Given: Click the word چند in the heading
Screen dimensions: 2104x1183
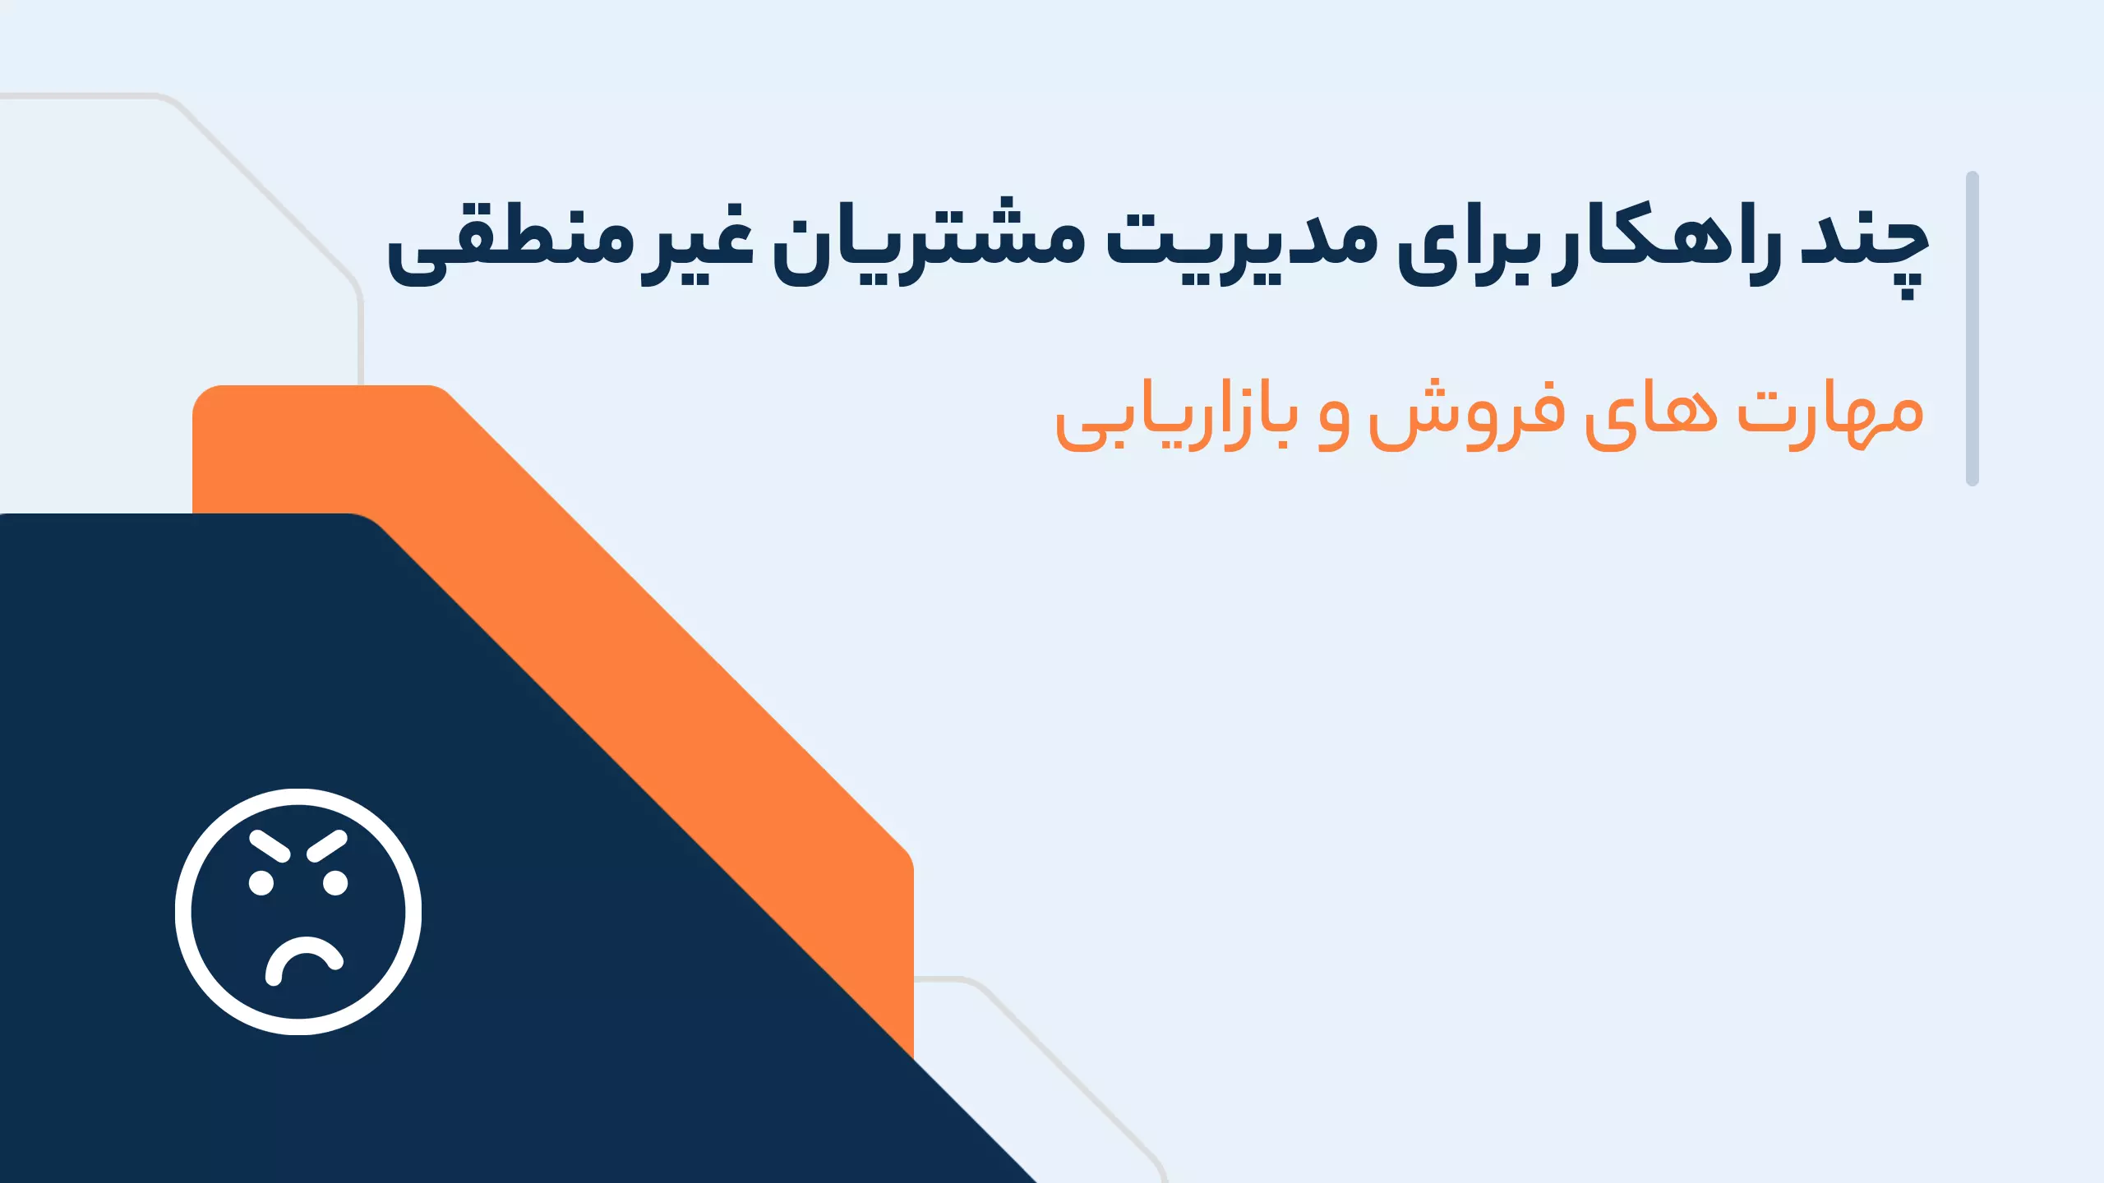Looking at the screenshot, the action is (x=1864, y=250).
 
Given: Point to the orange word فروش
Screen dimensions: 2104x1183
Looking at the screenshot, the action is (x=1466, y=415).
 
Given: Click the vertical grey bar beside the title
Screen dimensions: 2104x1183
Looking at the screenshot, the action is (x=1972, y=329).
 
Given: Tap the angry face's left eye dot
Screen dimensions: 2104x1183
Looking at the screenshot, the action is (x=261, y=883).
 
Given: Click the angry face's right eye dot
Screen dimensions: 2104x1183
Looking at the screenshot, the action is (x=335, y=883).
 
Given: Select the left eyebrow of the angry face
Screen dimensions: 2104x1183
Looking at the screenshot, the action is (x=270, y=846).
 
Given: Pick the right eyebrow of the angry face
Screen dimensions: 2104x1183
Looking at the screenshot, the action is (x=327, y=846).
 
